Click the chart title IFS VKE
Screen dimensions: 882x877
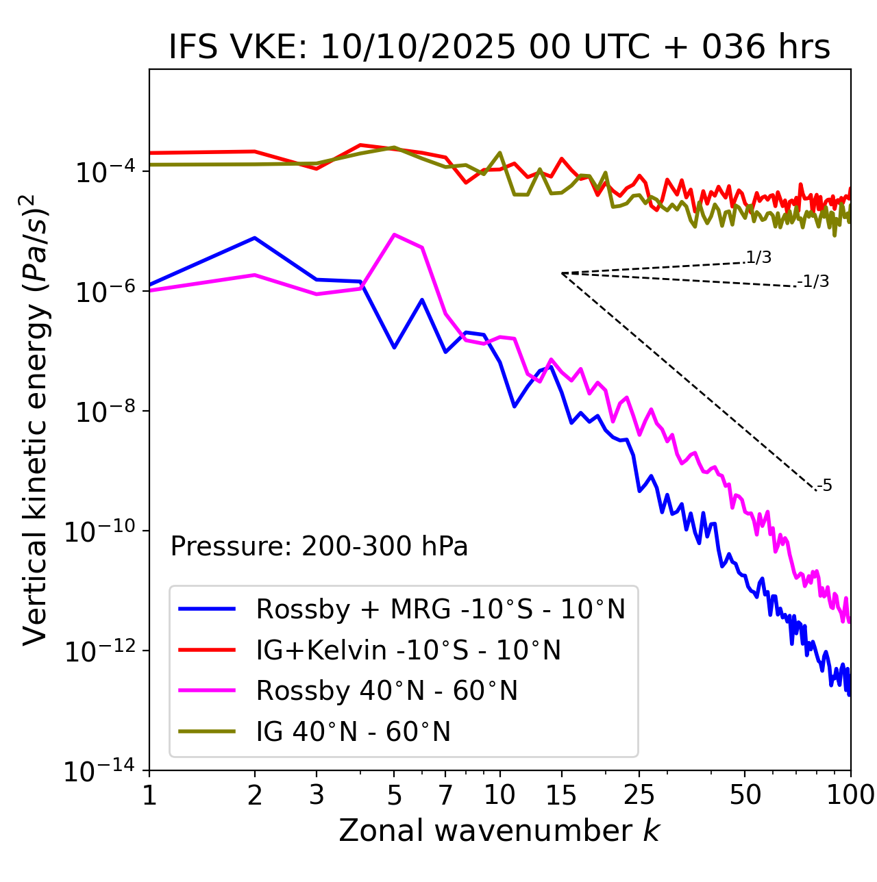(499, 48)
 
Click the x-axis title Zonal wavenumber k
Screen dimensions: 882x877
(499, 831)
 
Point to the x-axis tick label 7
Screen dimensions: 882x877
(445, 795)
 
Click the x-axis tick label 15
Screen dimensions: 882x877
(561, 795)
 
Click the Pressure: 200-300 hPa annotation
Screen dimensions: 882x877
(319, 546)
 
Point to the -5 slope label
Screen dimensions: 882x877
(824, 486)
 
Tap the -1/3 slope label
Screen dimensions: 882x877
(814, 281)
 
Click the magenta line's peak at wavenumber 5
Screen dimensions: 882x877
(394, 235)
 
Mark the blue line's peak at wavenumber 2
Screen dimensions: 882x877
(255, 238)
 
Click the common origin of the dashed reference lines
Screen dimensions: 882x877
(562, 273)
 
